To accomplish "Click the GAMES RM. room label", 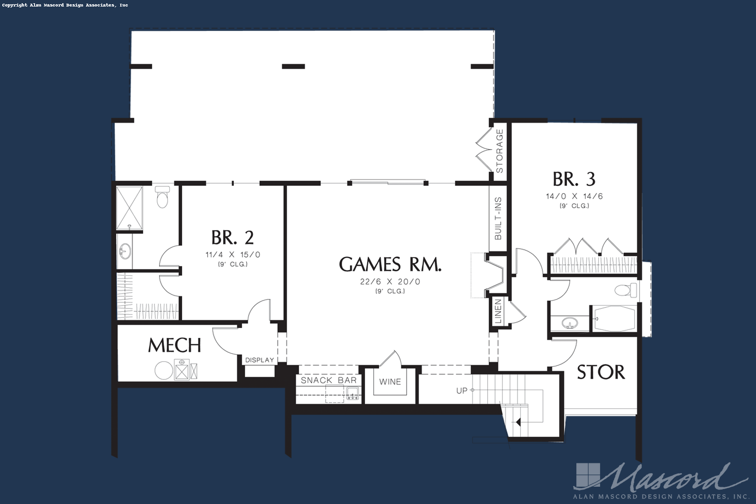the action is (x=390, y=264).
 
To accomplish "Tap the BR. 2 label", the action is (x=232, y=238).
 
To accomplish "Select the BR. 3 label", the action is (x=574, y=179).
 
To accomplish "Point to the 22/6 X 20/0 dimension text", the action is (x=390, y=281).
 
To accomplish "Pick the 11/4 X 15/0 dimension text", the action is (x=233, y=254).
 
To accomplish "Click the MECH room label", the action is (x=175, y=345).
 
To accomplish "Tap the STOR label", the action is (x=601, y=372).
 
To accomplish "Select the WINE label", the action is (x=390, y=382).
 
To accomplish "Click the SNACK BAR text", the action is (x=329, y=380).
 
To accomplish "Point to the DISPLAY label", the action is (x=259, y=360).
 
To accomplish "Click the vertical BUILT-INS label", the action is (x=498, y=218).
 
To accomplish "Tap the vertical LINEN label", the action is (x=498, y=312).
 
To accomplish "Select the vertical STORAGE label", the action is (x=499, y=151).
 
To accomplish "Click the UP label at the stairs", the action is (x=462, y=391).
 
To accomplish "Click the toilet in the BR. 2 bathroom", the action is (x=163, y=197).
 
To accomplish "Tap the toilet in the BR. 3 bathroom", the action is (x=625, y=290).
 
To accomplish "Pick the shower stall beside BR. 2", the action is (x=129, y=208).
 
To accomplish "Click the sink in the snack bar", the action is (x=353, y=394).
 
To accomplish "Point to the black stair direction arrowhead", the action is (x=518, y=422).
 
